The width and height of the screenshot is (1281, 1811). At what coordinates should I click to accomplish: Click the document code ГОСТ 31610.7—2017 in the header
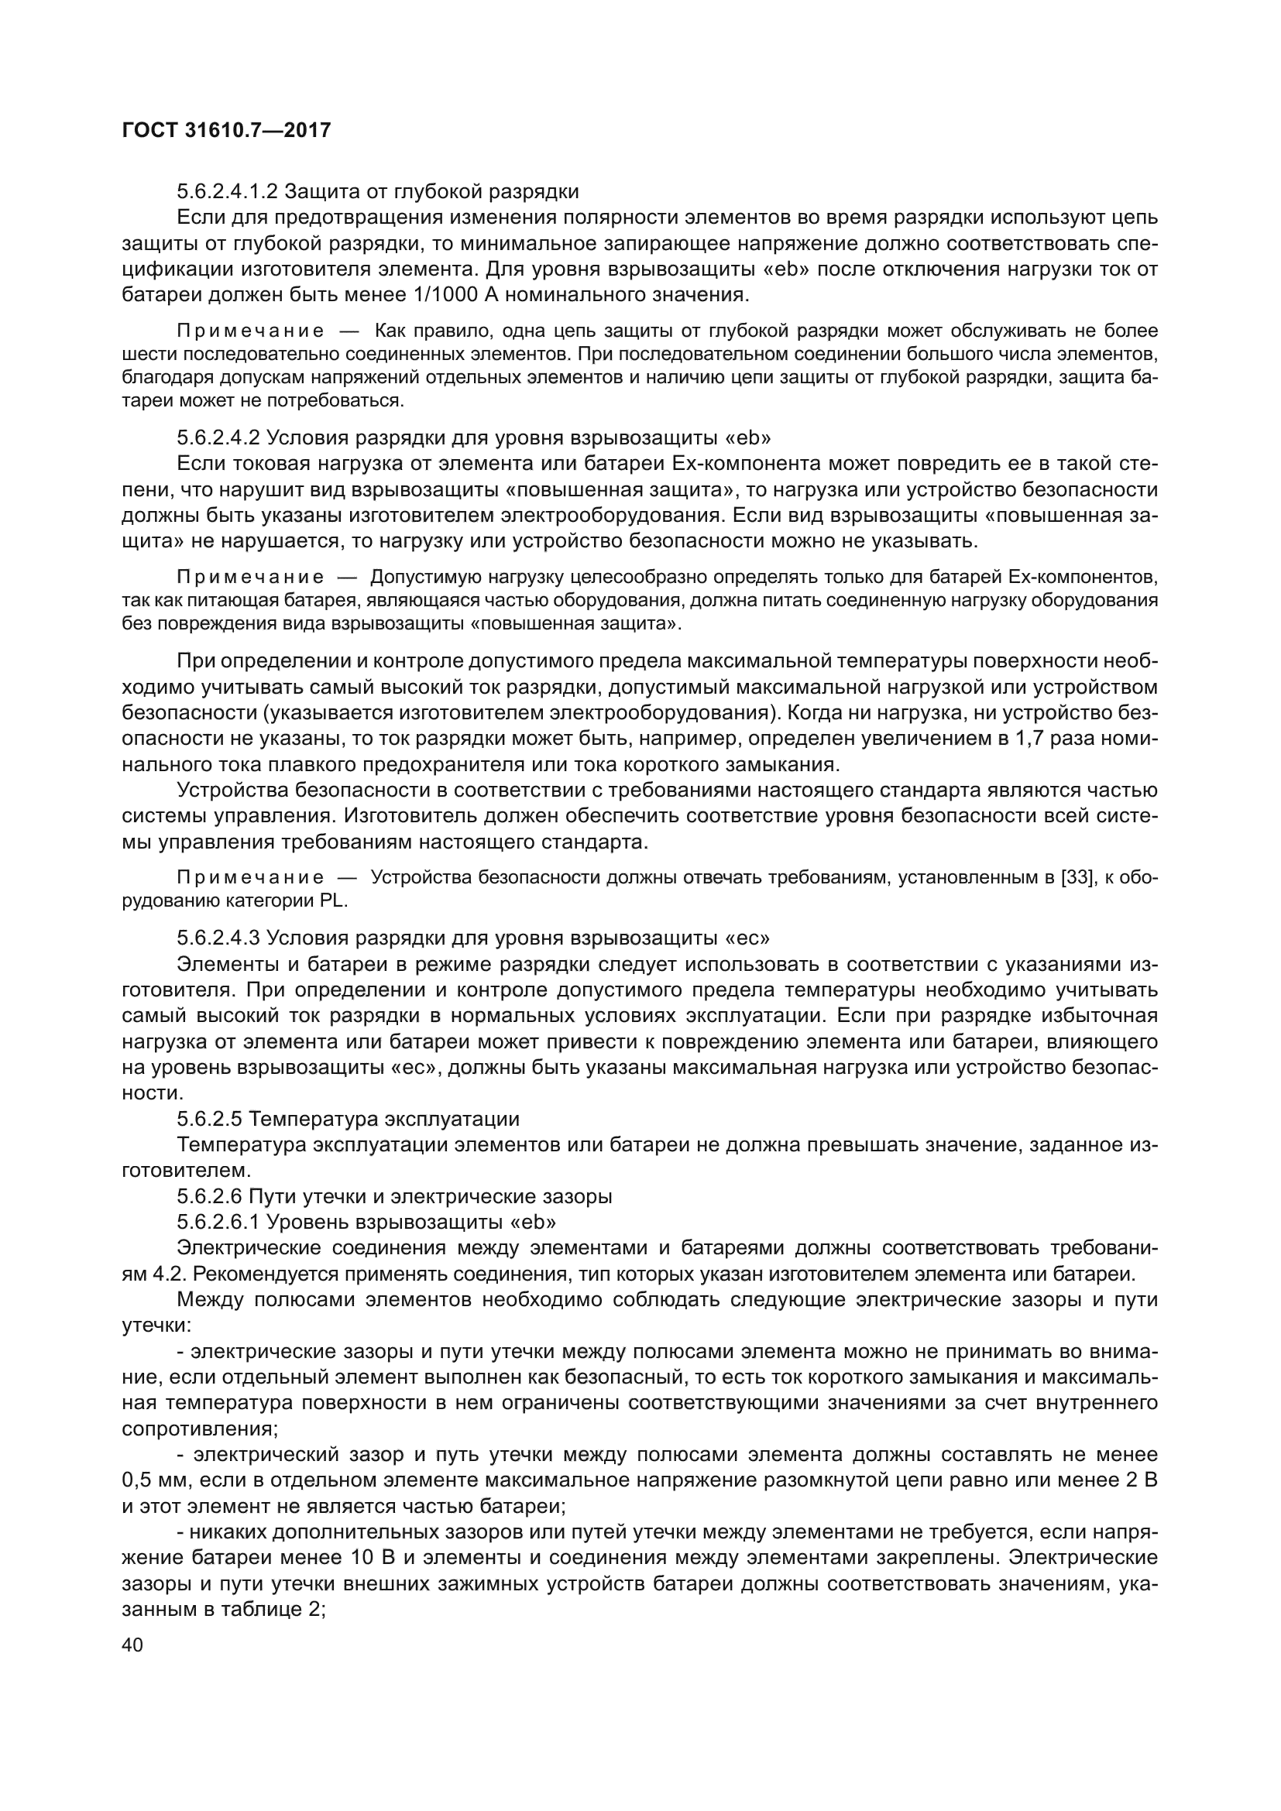click(x=226, y=130)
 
